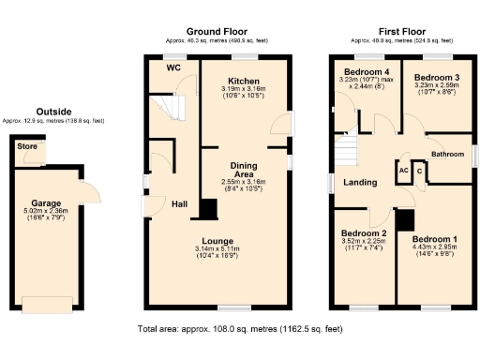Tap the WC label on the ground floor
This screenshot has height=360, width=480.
click(173, 68)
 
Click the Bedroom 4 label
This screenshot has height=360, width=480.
click(366, 72)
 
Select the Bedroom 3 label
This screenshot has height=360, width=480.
click(437, 77)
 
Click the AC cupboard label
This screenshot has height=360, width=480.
click(403, 172)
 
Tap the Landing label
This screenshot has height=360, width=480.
click(360, 183)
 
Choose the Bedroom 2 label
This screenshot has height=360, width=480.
click(364, 232)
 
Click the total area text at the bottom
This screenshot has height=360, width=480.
click(240, 329)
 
